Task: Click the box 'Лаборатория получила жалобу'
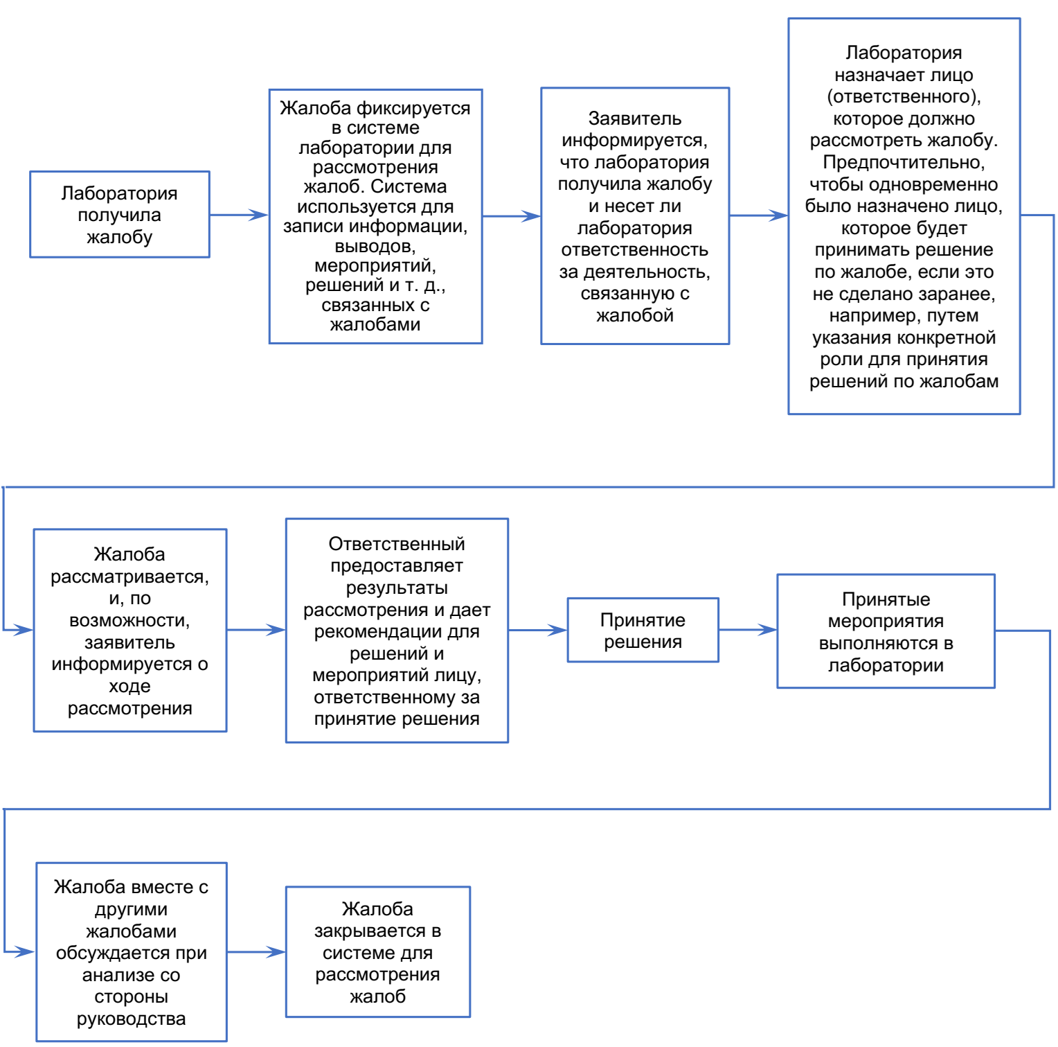pos(120,215)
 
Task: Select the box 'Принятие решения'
pos(643,630)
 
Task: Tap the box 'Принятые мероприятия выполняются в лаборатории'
pos(886,631)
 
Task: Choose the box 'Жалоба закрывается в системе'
pos(378,952)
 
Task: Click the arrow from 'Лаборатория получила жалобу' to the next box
pos(239,215)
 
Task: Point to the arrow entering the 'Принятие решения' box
pos(538,630)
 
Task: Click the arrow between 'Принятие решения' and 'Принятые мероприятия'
pos(748,630)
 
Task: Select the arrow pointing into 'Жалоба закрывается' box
pos(256,952)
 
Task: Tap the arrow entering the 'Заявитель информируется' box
pos(512,216)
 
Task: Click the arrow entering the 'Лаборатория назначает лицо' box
pos(759,215)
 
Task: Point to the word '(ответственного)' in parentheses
pos(904,96)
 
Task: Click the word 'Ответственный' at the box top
pos(397,544)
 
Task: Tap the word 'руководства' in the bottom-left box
pos(132,1019)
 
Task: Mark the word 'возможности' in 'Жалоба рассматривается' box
pos(129,620)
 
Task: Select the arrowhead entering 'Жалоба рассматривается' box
pos(26,630)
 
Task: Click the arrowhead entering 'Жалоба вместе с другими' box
pos(28,952)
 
